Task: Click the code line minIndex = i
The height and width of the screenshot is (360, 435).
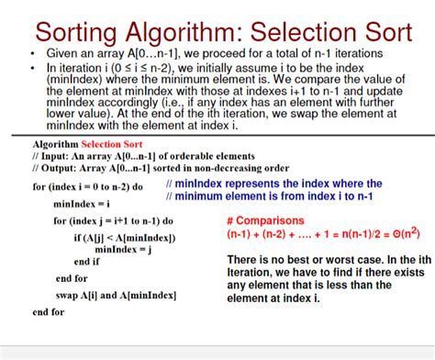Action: (x=82, y=203)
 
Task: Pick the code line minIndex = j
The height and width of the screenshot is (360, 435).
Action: (x=124, y=249)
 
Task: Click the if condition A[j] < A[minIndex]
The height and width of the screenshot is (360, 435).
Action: (x=125, y=238)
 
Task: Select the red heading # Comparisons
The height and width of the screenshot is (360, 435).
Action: (x=271, y=221)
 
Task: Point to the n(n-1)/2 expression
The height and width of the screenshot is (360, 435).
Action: (x=357, y=235)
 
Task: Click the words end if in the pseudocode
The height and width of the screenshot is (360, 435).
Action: (x=87, y=261)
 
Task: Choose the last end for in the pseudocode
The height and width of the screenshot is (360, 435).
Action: (x=48, y=312)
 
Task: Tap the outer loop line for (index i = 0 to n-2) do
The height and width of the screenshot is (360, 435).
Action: (x=88, y=186)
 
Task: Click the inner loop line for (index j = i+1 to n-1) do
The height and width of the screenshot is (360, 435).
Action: (x=114, y=221)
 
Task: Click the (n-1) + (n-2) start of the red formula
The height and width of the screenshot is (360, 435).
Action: (x=258, y=235)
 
